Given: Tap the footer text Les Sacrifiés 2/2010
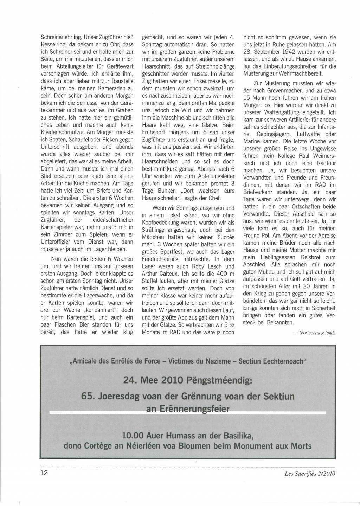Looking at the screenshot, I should pyautogui.click(x=310, y=473).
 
